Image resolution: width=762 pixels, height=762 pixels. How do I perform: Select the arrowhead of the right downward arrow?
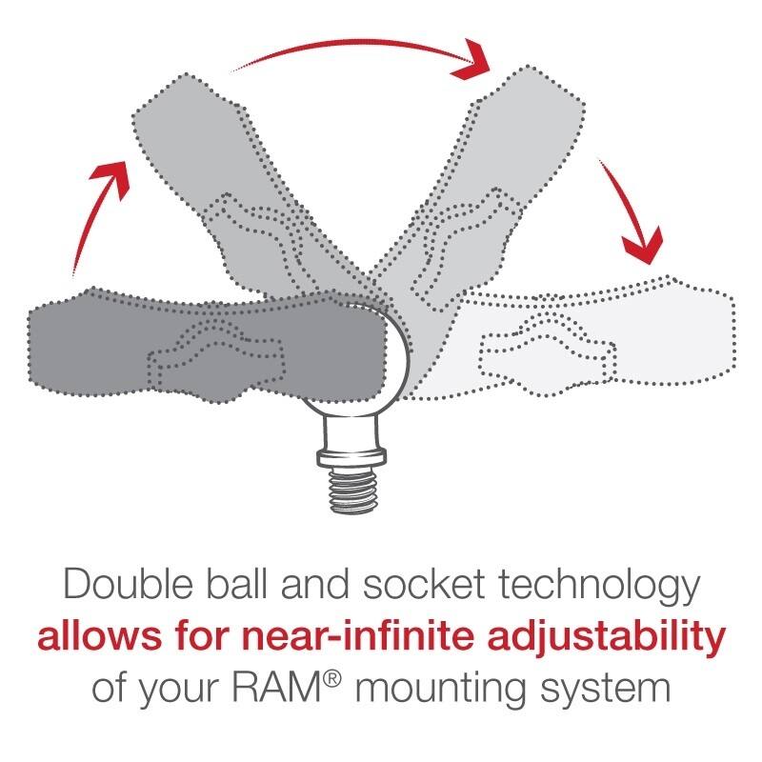(643, 249)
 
